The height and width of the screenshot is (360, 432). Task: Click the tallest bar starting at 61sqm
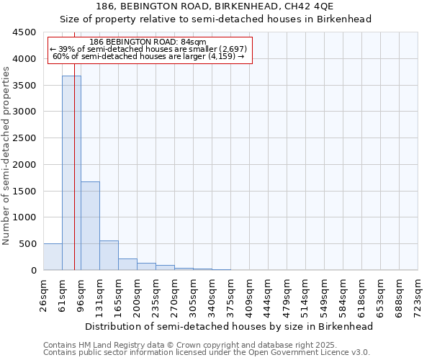tap(71, 173)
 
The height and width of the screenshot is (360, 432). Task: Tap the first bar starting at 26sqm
tap(53, 257)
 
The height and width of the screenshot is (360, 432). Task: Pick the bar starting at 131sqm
tap(109, 256)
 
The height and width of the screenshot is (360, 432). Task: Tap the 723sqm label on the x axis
tap(418, 295)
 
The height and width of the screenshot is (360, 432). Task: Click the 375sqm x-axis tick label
tap(231, 295)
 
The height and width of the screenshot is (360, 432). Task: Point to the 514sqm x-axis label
tap(306, 295)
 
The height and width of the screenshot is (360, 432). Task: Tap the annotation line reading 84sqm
tap(149, 42)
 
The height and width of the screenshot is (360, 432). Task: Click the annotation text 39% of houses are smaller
tap(149, 49)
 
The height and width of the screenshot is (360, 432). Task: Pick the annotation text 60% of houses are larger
tap(149, 56)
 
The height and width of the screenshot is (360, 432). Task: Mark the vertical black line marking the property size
tap(74, 180)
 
